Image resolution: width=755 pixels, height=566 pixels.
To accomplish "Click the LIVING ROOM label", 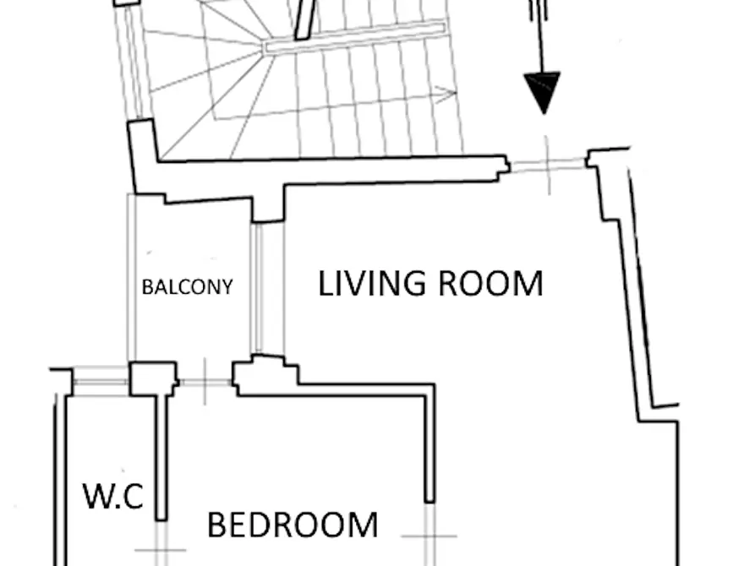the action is (x=431, y=284).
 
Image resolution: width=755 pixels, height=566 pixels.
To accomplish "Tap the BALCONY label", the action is (x=188, y=287).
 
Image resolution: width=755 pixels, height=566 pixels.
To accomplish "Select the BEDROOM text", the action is (x=293, y=525).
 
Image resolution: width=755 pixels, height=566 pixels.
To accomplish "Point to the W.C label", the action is (x=113, y=496).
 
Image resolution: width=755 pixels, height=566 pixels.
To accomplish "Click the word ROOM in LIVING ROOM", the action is (x=491, y=284).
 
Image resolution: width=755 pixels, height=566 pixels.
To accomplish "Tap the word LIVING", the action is (x=372, y=284).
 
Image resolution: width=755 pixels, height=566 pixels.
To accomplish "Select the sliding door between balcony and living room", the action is (x=267, y=288).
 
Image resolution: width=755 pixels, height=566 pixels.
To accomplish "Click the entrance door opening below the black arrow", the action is (x=548, y=165).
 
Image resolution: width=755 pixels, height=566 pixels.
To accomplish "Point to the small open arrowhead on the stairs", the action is (x=446, y=95).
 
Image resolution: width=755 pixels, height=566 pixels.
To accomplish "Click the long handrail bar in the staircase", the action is (x=355, y=37).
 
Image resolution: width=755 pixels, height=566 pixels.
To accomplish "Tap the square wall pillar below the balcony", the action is (x=154, y=378).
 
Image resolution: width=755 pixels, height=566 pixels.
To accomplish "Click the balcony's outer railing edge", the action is (x=131, y=278).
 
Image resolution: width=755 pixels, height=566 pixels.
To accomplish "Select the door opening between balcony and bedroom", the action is (x=205, y=382).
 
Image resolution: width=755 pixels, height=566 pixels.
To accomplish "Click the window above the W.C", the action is (x=100, y=382).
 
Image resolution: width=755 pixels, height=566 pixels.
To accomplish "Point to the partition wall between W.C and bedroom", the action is (x=161, y=457).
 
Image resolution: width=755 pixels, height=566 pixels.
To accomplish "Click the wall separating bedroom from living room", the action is (x=430, y=443).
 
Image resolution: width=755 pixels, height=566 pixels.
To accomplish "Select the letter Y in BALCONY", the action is (x=227, y=287).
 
